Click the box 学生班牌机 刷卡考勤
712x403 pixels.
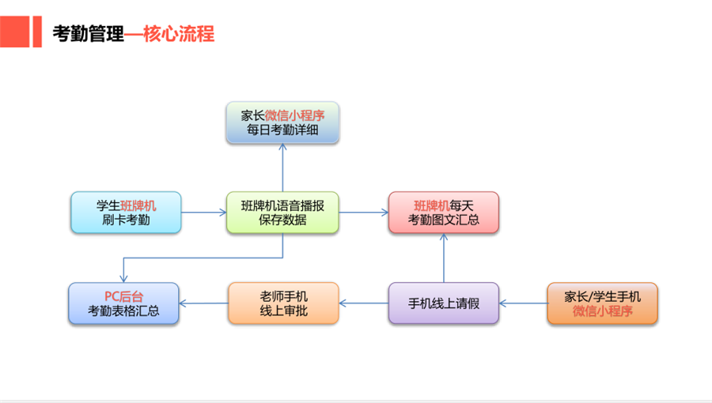pyautogui.click(x=126, y=213)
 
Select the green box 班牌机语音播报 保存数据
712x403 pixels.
pyautogui.click(x=282, y=213)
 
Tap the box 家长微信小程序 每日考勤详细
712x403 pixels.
pyautogui.click(x=282, y=122)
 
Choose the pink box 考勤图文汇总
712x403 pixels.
pyautogui.click(x=443, y=213)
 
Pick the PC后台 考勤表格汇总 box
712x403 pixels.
pyautogui.click(x=124, y=303)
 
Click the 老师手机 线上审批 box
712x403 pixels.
pyautogui.click(x=283, y=303)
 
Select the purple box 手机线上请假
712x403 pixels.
pyautogui.click(x=443, y=303)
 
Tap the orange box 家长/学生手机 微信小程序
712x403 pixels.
pyautogui.click(x=602, y=303)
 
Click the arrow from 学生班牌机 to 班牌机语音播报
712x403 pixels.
pyautogui.click(x=203, y=213)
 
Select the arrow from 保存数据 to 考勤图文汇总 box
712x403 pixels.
pyautogui.click(x=363, y=213)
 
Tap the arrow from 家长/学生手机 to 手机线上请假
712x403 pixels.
pyautogui.click(x=522, y=303)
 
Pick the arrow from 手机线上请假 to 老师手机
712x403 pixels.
pyautogui.click(x=363, y=303)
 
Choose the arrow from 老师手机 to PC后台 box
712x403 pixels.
pyautogui.click(x=203, y=303)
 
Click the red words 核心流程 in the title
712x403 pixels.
pyautogui.click(x=180, y=34)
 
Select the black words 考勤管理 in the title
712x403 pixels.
pyautogui.click(x=88, y=34)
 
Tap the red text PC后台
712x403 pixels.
pyautogui.click(x=124, y=296)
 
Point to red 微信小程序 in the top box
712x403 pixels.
pyautogui.click(x=301, y=115)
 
